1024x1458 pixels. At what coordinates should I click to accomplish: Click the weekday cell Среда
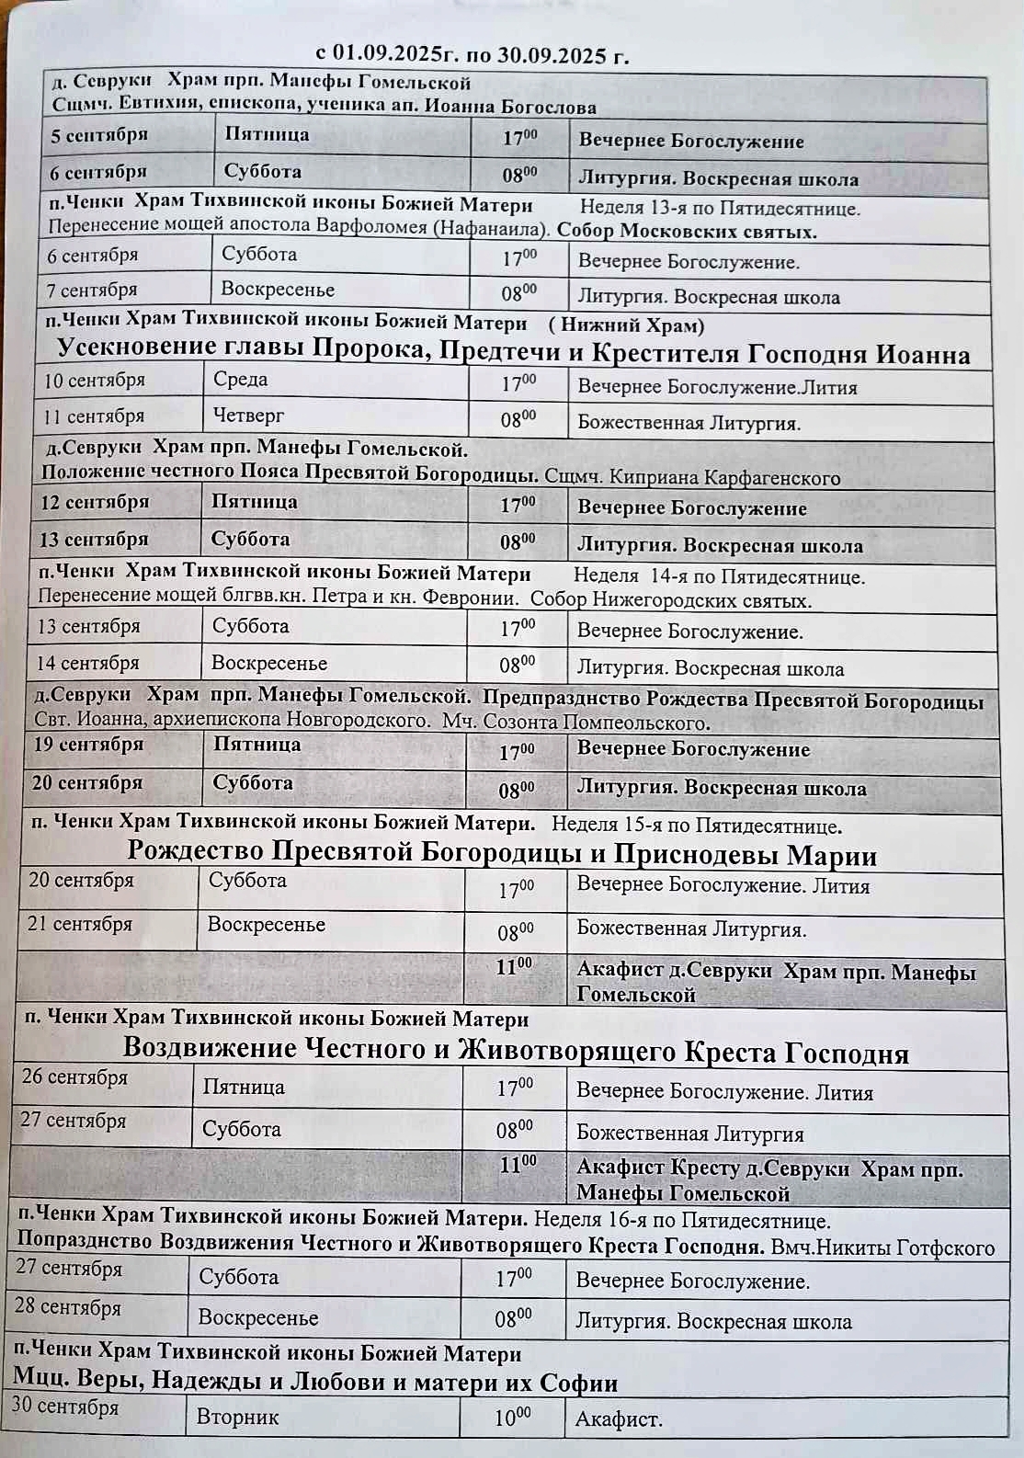(x=241, y=380)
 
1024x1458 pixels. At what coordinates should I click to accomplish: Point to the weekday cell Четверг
(x=249, y=416)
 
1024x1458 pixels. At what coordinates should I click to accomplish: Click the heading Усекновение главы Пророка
(x=513, y=352)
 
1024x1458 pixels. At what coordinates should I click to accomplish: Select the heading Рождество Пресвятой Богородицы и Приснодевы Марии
(x=502, y=853)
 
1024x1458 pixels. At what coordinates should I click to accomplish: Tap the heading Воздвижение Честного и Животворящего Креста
(x=516, y=1050)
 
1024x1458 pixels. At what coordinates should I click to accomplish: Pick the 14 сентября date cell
(x=87, y=663)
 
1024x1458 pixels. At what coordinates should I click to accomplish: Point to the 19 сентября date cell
(x=88, y=745)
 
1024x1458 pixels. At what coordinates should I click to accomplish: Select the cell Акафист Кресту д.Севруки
(x=769, y=1180)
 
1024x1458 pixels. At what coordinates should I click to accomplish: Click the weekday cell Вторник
(x=237, y=1417)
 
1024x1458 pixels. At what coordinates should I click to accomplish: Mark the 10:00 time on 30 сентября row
(x=512, y=1417)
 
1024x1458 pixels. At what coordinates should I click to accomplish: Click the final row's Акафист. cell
(x=619, y=1419)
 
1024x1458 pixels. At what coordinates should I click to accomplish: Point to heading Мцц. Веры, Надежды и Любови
(x=315, y=1382)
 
